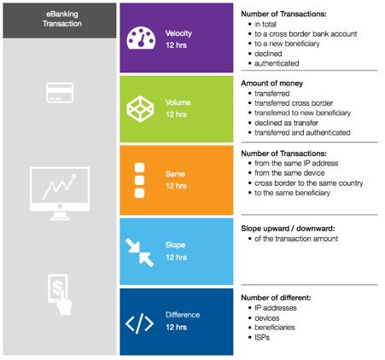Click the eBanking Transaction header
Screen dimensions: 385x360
(x=62, y=19)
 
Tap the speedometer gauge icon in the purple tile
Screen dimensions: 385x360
(x=141, y=38)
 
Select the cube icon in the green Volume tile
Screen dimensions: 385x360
(x=140, y=109)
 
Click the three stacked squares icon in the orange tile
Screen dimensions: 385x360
(x=139, y=180)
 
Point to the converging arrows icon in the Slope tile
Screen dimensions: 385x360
(x=139, y=253)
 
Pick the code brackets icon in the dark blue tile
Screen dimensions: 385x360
(x=139, y=323)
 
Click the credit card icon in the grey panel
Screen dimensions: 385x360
(x=60, y=93)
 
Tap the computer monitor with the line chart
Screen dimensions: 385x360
(x=60, y=194)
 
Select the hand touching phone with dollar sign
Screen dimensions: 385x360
(x=60, y=294)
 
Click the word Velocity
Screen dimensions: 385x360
(x=178, y=33)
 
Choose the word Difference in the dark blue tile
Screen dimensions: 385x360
(x=183, y=315)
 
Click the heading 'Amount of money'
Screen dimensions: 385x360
(x=272, y=84)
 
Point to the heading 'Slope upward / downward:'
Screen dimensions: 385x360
(x=288, y=229)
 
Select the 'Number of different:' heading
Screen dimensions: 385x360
(x=276, y=298)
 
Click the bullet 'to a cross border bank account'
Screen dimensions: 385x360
(x=306, y=34)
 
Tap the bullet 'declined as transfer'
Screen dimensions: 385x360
(x=286, y=123)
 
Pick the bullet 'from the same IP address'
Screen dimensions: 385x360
(x=296, y=163)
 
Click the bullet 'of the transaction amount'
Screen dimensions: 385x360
(x=296, y=239)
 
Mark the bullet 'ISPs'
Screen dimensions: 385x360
(x=262, y=338)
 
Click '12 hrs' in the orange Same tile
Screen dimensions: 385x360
(x=177, y=186)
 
